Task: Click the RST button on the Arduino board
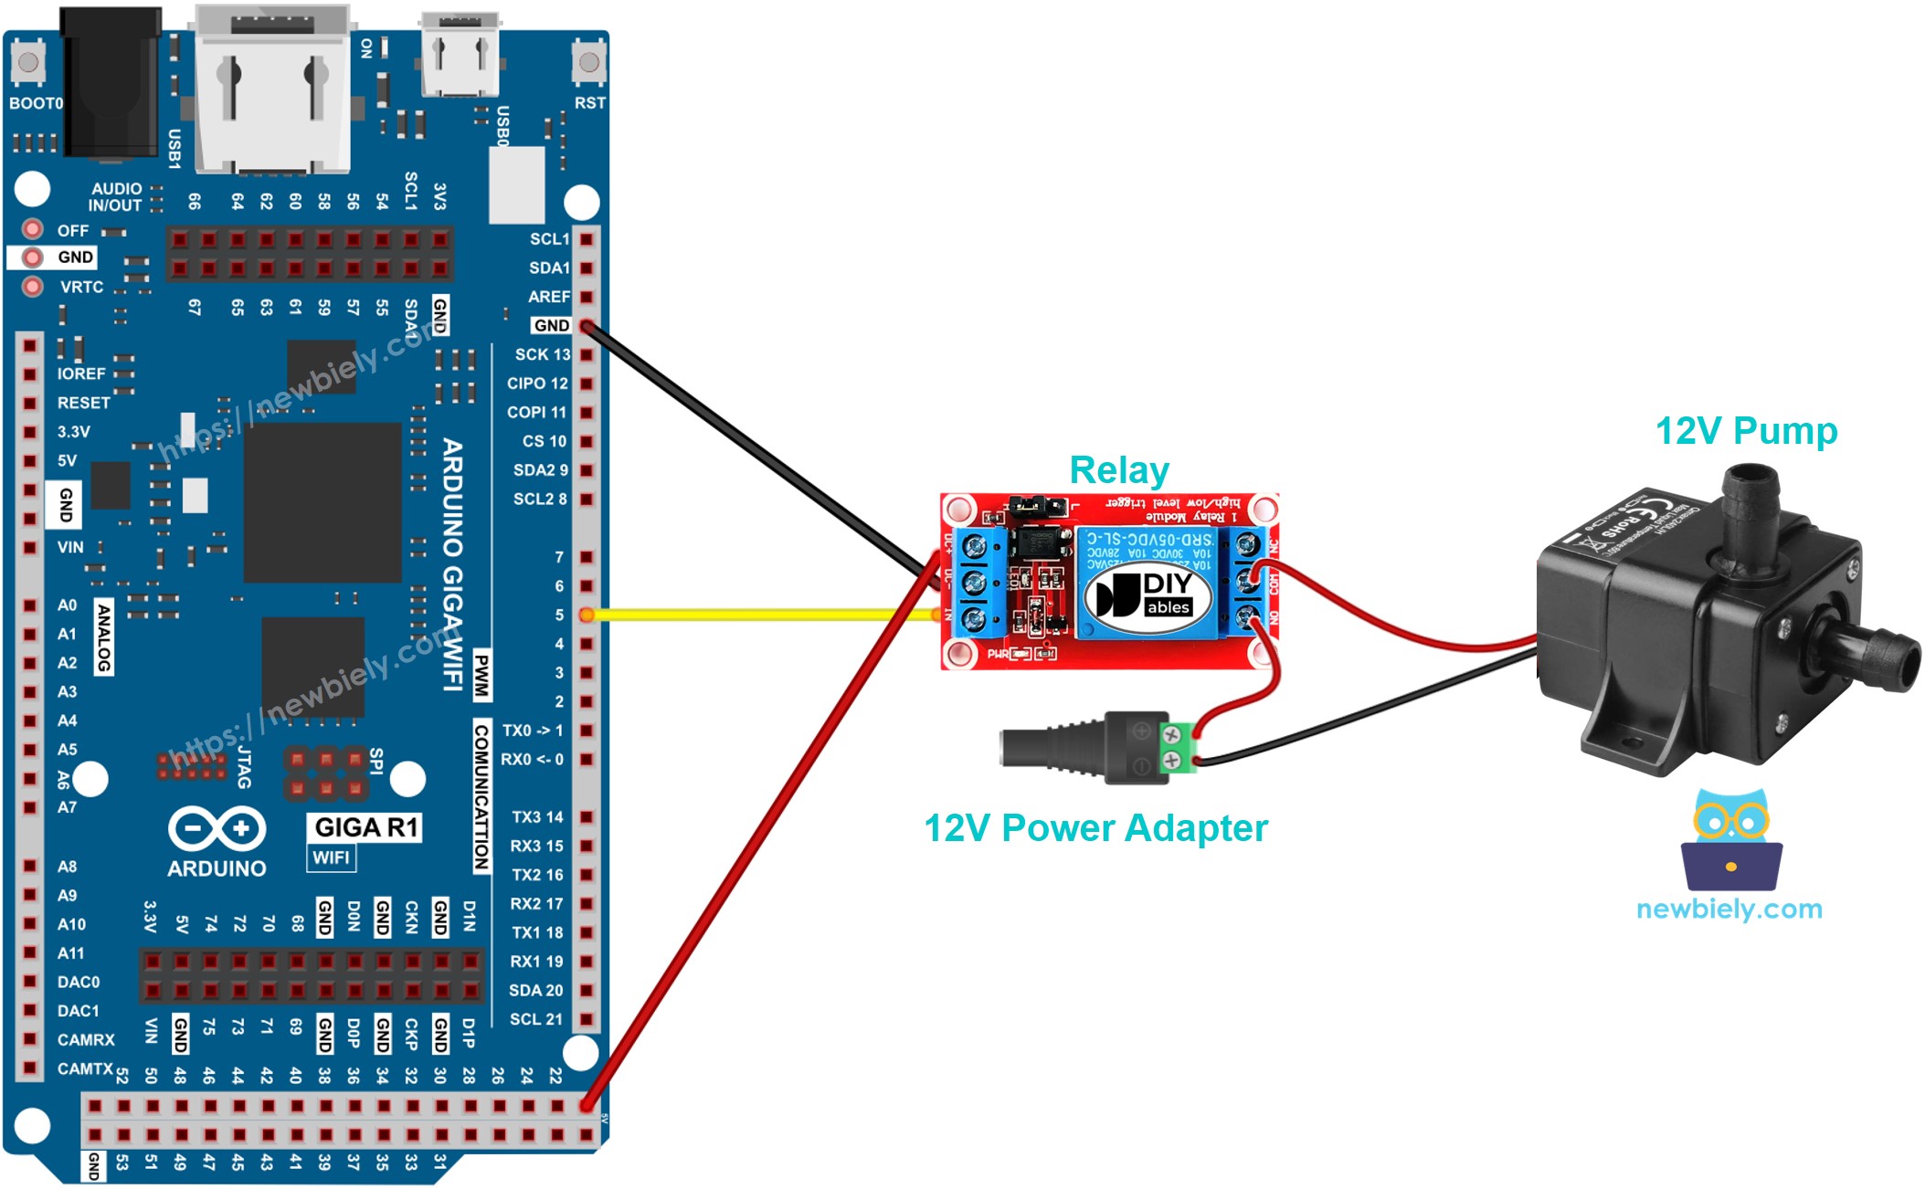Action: (x=589, y=63)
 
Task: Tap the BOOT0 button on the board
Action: (x=27, y=63)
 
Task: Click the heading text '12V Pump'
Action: (x=1746, y=430)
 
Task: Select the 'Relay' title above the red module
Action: (x=1118, y=470)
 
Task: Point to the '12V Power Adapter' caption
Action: (x=1095, y=828)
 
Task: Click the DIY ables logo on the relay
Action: (x=1148, y=594)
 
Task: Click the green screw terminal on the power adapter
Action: (x=1178, y=747)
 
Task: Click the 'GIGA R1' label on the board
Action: (x=365, y=827)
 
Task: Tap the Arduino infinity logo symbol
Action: (x=217, y=828)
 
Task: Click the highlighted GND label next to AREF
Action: (x=551, y=325)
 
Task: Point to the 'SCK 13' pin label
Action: (x=542, y=354)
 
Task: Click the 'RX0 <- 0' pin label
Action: (x=532, y=759)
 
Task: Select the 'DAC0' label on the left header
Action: (x=79, y=982)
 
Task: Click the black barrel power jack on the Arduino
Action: (x=110, y=82)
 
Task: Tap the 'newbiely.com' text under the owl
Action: (x=1729, y=909)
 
